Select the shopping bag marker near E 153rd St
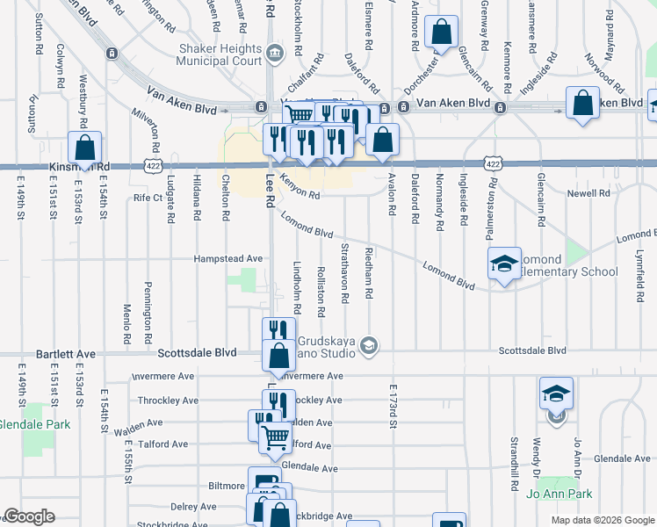[85, 148]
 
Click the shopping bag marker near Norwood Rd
[582, 103]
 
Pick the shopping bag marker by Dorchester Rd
[441, 32]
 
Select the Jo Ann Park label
[560, 494]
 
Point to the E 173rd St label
[393, 406]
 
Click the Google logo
[30, 516]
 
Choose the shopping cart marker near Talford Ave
[276, 436]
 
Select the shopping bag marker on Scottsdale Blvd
[278, 356]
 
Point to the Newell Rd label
[588, 193]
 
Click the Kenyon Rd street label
[300, 187]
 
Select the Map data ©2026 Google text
[602, 520]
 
